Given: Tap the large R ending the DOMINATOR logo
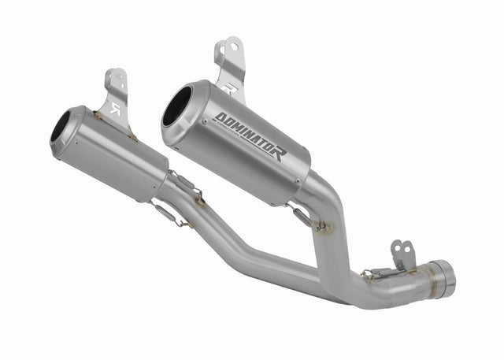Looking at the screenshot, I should [279, 150].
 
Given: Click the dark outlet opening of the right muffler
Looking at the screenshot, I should [177, 107].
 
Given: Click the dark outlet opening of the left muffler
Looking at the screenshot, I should [61, 125].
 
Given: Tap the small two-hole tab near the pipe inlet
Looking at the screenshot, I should [402, 254].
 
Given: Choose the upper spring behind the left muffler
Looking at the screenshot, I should [184, 187].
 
